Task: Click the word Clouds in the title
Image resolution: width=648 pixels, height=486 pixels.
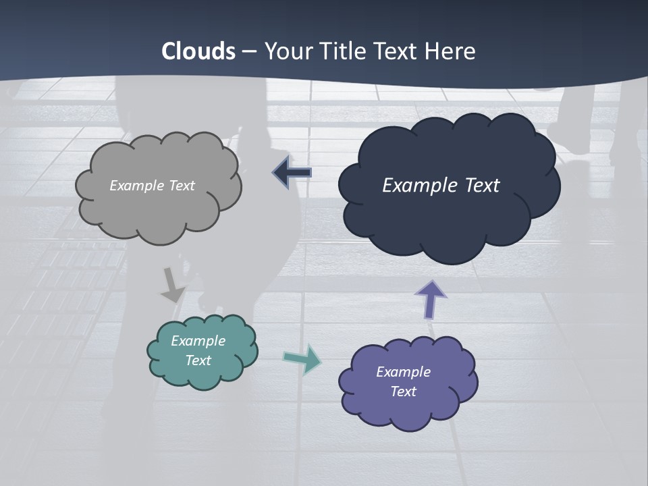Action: (198, 51)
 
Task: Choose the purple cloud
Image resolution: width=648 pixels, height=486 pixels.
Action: (408, 412)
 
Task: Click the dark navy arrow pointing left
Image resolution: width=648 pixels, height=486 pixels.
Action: (292, 173)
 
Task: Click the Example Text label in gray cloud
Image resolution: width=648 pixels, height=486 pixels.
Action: (152, 186)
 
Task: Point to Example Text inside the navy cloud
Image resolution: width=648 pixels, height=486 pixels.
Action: (441, 186)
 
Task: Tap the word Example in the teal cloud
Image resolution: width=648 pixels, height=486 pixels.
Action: (198, 341)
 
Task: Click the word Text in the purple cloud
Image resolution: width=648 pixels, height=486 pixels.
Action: (403, 391)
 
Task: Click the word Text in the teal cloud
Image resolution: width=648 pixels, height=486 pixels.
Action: (198, 360)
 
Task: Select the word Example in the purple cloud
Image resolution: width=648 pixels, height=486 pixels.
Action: (403, 372)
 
